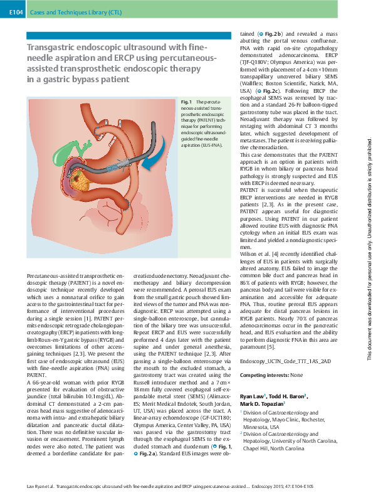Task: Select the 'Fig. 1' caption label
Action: click(x=186, y=102)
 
